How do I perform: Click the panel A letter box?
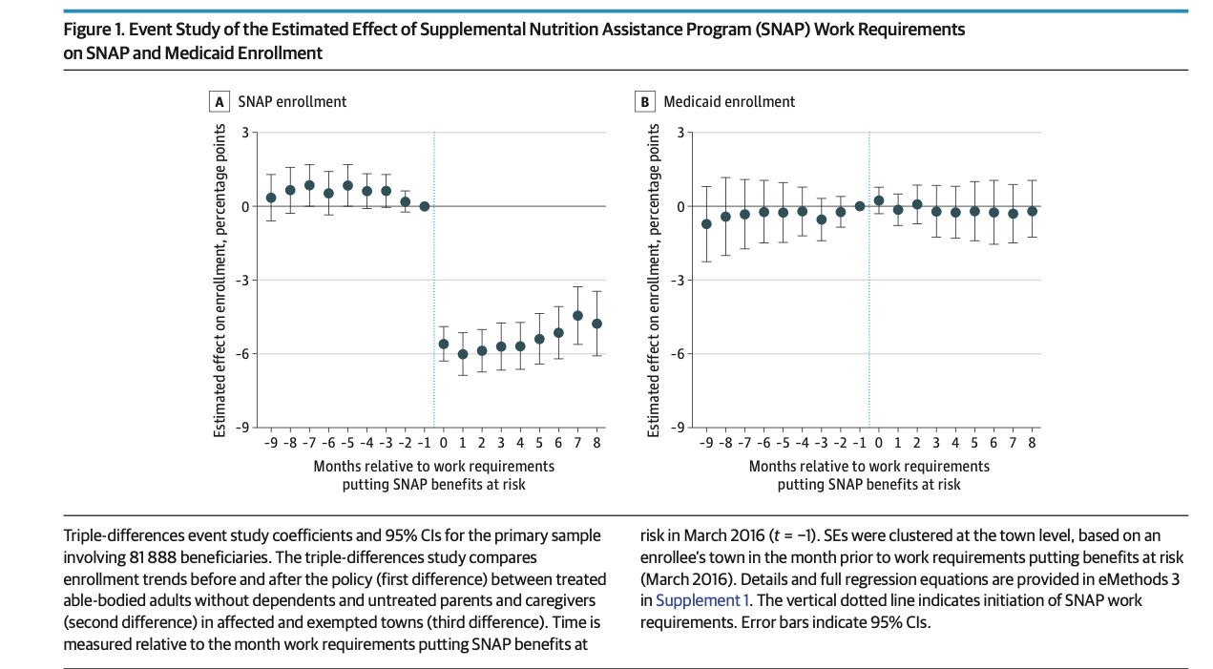coord(220,101)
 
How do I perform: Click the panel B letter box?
coord(645,101)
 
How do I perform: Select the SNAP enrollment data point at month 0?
coord(443,344)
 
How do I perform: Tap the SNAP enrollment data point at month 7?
coord(577,316)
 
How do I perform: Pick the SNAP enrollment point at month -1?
coord(424,206)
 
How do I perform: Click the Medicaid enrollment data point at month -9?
coord(706,224)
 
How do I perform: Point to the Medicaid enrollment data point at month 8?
coord(1032,211)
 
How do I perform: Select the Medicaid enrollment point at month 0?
coord(879,200)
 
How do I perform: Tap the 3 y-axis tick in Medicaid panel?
coord(680,133)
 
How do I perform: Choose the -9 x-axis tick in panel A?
coord(271,443)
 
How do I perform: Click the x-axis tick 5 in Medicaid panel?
coord(974,443)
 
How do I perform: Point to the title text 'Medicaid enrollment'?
coord(729,101)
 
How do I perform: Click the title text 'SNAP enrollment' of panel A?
coord(292,101)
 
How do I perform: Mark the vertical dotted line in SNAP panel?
coord(434,286)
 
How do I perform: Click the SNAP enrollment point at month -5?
coord(347,186)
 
